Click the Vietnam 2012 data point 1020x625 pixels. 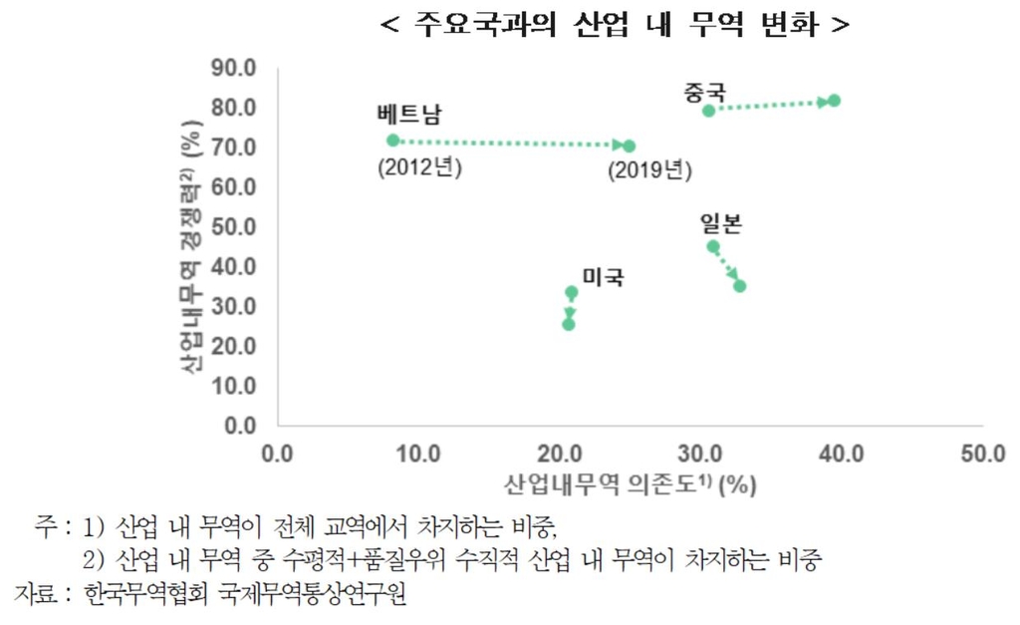point(392,141)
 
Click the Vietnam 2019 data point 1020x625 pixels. point(629,147)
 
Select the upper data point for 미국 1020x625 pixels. point(571,293)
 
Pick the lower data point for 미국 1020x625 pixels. point(569,324)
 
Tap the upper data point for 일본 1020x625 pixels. point(713,246)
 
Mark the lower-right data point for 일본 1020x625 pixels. point(740,286)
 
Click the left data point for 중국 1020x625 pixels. point(708,111)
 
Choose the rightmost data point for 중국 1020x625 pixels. point(835,101)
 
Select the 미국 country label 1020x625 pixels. point(604,277)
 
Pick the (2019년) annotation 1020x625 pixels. point(649,170)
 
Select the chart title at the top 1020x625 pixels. point(616,25)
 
